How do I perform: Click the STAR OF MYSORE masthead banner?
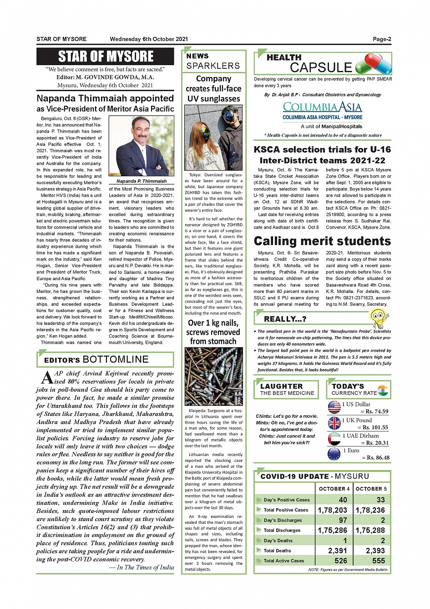pos(105,56)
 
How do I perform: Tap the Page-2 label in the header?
pos(381,39)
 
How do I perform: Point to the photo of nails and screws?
pos(213,376)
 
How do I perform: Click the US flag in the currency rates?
pos(334,407)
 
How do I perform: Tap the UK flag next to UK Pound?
pos(334,423)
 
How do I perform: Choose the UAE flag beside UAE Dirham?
pos(334,439)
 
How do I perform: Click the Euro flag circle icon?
pos(334,454)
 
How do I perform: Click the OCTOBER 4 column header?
pos(334,489)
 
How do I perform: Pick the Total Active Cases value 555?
pos(378,561)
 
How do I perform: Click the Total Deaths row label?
pos(277,551)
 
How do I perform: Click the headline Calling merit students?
pos(322,241)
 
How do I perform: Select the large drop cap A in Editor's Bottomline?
pos(46,377)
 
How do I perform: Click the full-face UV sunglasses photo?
pos(213,138)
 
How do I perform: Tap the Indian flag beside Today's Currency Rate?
pos(383,390)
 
